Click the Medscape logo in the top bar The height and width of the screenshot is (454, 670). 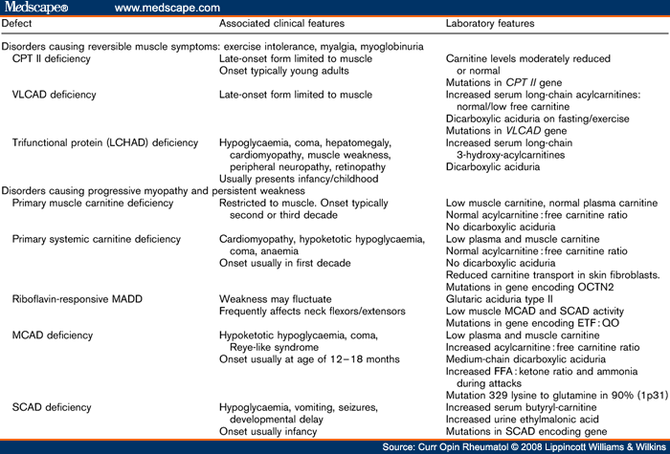click(36, 8)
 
